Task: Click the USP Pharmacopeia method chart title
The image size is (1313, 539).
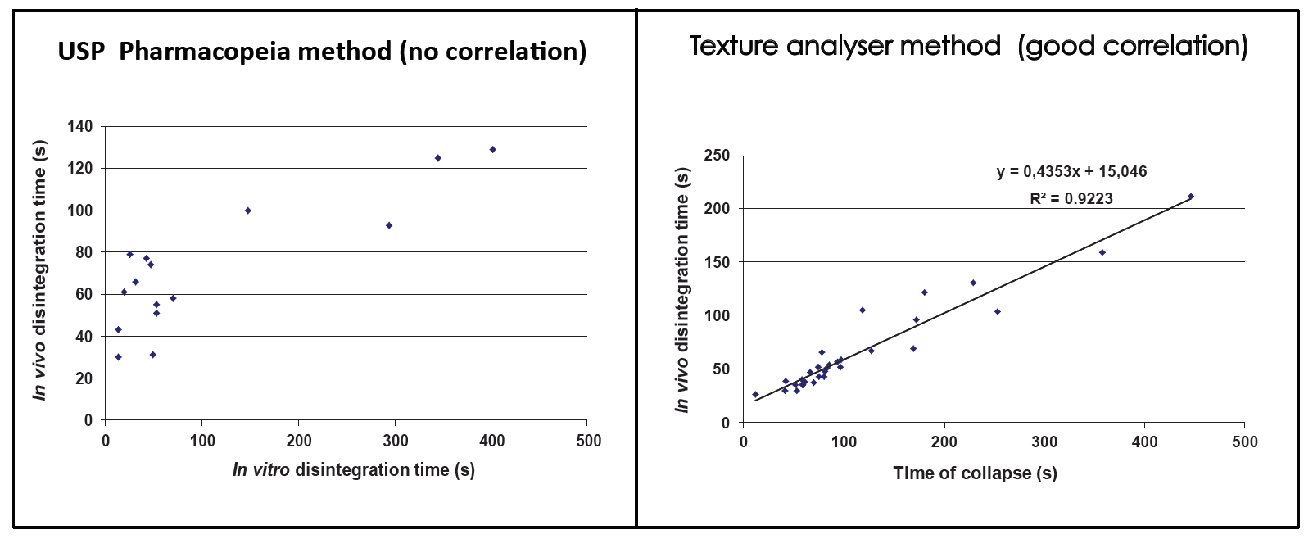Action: coord(322,52)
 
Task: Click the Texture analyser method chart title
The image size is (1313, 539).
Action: coord(968,46)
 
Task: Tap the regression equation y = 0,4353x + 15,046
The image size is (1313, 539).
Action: coord(1071,172)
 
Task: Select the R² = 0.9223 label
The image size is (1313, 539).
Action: coord(1071,198)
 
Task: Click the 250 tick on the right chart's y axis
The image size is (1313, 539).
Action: coord(717,156)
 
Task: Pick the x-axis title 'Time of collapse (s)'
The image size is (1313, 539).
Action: coord(975,473)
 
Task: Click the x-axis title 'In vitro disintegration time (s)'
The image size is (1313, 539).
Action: coord(353,470)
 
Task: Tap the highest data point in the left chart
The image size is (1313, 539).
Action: coord(492,150)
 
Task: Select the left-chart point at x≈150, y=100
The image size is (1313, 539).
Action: coord(247,211)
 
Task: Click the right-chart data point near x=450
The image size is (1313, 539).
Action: coord(1190,197)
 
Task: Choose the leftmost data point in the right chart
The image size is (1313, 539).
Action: coord(755,395)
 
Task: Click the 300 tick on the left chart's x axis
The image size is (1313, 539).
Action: coord(396,441)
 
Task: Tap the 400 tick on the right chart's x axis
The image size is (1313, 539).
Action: coord(1144,442)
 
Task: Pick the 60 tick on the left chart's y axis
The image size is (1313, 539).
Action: coord(84,294)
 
